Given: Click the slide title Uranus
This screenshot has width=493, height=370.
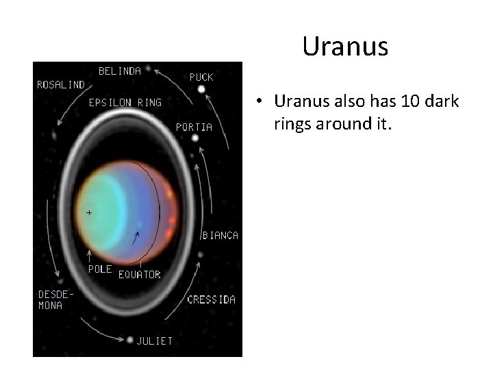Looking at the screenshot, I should tap(345, 47).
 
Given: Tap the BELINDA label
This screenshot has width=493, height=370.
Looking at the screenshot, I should tap(120, 71).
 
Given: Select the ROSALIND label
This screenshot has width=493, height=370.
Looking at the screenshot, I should tap(61, 85).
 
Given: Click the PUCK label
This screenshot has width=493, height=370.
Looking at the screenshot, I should tap(201, 77).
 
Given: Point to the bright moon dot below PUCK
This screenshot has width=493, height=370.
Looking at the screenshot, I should tap(201, 89).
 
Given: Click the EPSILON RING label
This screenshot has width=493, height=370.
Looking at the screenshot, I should tap(125, 103).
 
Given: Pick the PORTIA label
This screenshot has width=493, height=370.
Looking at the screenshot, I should tap(194, 127).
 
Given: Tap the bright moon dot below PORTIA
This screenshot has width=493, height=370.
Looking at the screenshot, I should tap(195, 138).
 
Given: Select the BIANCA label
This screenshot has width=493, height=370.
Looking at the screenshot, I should tap(220, 235).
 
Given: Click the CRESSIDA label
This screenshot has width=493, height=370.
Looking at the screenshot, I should tap(212, 299).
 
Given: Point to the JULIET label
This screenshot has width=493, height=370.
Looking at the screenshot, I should tap(155, 340).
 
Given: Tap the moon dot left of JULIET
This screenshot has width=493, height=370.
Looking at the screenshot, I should tap(130, 339).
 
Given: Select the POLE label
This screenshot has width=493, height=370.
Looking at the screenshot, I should tap(100, 269).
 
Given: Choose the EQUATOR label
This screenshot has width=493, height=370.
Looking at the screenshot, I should tap(140, 275).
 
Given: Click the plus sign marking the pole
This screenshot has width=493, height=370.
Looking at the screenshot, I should tap(88, 212).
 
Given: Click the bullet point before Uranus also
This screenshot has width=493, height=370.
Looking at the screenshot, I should tap(261, 102).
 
